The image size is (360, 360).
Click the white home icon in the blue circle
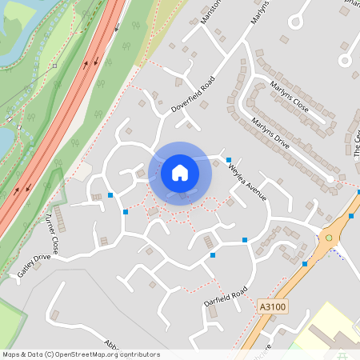point(180,171)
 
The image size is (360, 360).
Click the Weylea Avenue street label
point(247,182)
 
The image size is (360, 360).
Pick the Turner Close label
point(53,232)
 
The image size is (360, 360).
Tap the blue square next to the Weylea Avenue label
point(229,159)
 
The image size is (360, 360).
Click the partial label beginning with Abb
point(111,345)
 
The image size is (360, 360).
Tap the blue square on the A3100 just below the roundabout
point(305,263)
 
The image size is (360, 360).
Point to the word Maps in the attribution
point(12,354)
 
